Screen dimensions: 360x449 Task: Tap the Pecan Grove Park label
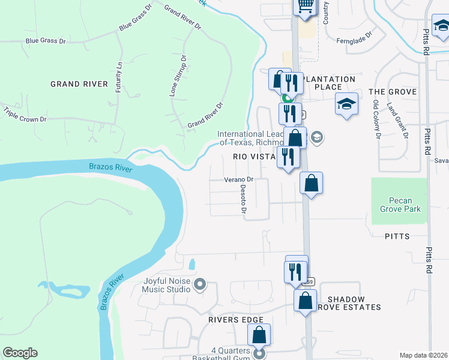click(400, 205)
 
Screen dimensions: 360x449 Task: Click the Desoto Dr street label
click(244, 199)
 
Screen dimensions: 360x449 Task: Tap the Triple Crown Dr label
click(25, 115)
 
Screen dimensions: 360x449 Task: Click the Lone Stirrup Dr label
click(178, 76)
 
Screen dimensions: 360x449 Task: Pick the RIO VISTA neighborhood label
click(254, 156)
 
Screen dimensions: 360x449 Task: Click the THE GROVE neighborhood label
click(393, 92)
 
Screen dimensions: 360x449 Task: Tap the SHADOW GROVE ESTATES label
click(354, 303)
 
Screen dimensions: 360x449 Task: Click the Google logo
click(20, 353)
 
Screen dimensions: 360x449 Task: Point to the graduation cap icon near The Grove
click(347, 104)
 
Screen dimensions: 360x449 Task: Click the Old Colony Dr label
click(376, 119)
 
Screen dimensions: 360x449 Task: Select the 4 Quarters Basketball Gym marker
click(259, 354)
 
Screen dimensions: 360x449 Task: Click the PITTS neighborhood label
click(397, 236)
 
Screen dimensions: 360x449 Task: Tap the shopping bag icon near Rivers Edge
click(259, 335)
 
